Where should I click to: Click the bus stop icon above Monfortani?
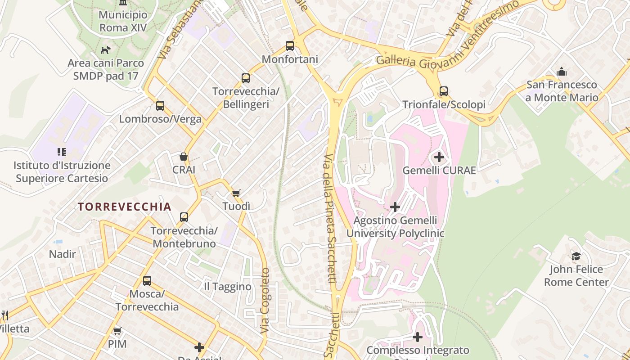point(290,46)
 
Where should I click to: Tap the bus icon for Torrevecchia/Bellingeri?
point(246,78)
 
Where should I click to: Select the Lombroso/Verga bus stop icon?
point(160,106)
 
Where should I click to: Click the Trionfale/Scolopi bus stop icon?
point(444,91)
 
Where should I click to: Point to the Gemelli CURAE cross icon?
point(439,157)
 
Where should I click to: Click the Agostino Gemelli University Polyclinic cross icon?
point(395,207)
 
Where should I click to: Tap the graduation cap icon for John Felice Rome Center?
point(576,256)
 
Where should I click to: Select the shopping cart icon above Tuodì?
point(236,193)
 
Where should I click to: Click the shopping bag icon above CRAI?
point(184,157)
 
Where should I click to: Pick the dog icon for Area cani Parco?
point(106,50)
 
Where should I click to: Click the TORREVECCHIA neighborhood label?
point(125,207)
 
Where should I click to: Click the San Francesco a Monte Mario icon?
point(562,72)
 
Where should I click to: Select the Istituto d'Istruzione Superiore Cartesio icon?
point(62,152)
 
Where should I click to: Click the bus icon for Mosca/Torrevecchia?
point(147,281)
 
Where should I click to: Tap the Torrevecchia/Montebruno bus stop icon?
point(184,217)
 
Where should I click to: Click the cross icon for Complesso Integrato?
point(418,337)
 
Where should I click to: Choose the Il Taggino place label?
point(228,287)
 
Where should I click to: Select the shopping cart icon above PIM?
point(117,331)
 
